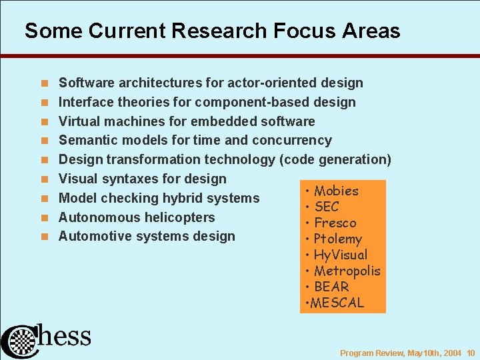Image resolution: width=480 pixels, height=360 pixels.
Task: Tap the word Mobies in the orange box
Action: (x=336, y=191)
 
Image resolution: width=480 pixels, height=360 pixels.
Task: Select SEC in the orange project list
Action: (x=326, y=207)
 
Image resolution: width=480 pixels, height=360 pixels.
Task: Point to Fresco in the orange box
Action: (x=335, y=223)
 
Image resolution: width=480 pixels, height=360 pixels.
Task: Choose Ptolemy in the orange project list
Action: (x=337, y=239)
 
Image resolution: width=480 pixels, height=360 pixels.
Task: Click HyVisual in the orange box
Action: (x=340, y=255)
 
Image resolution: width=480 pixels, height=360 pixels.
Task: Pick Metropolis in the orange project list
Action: (x=347, y=271)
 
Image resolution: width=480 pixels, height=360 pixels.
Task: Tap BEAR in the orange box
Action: (x=331, y=287)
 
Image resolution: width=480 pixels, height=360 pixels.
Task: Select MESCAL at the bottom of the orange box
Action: (x=336, y=303)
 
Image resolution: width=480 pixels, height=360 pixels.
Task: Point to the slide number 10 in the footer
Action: (x=471, y=353)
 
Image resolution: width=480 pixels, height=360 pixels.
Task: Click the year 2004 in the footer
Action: (x=451, y=353)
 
